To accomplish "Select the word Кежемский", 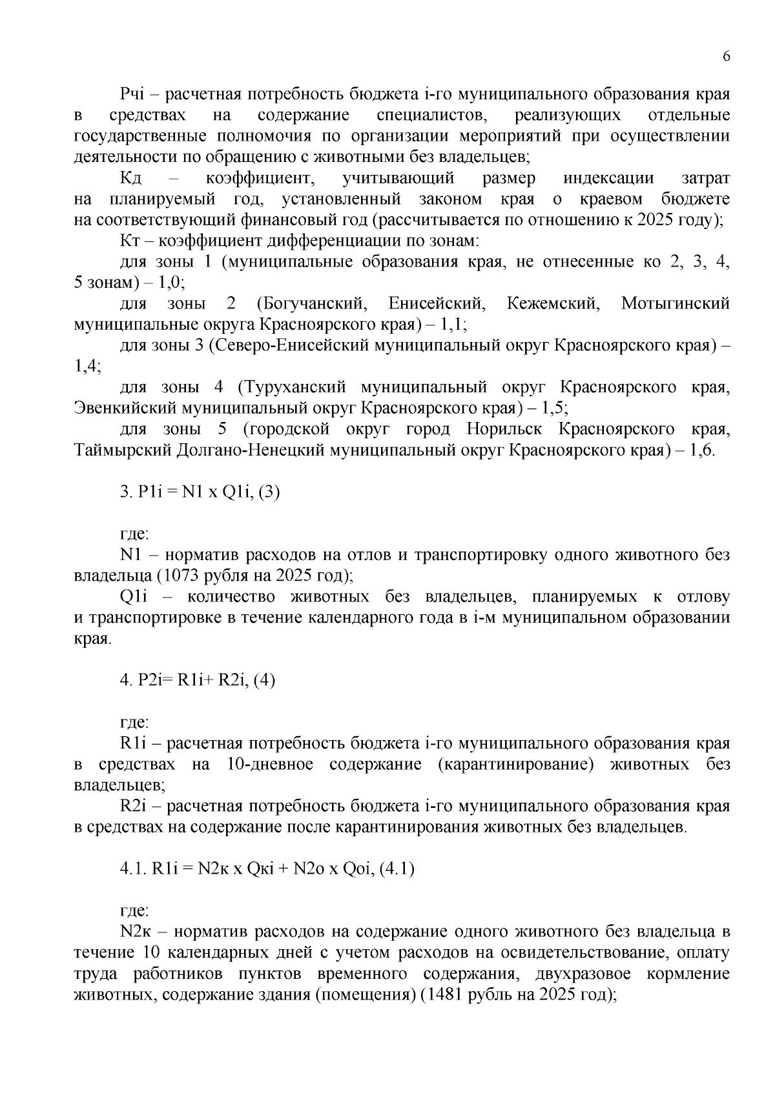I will pos(553,303).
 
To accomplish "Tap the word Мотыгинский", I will pos(675,303).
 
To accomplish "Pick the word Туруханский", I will pos(291,387).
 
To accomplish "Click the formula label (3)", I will pos(268,492).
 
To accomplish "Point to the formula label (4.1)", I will pos(397,869).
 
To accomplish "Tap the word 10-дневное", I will pos(271,765).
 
